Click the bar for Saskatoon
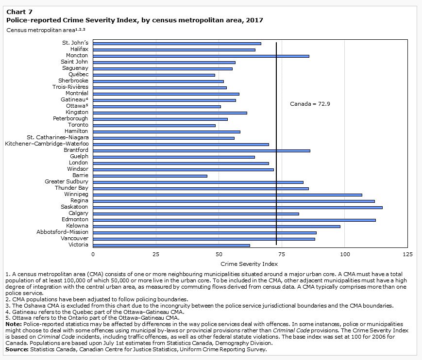coord(237,207)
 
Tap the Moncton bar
coord(201,56)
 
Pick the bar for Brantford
coord(202,150)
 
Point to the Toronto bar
coord(154,125)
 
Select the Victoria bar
coord(171,245)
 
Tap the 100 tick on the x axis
coord(345,254)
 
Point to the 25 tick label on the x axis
coord(156,254)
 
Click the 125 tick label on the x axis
coord(407,254)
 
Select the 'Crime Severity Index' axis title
coord(249,264)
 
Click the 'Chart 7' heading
coord(18,11)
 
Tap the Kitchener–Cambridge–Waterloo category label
coord(47,144)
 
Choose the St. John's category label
coord(75,43)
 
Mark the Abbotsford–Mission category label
coord(63,232)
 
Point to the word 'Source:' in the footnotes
coord(17,349)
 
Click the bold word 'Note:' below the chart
coord(14,324)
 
